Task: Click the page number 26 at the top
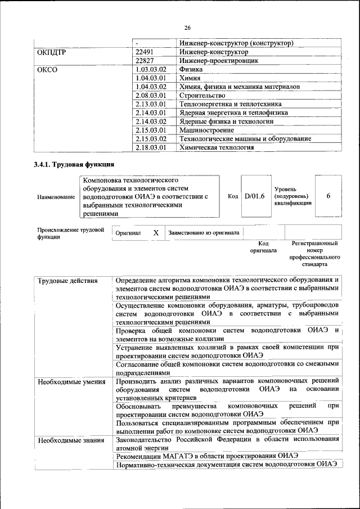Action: tap(187, 28)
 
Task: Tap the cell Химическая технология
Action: tap(216, 147)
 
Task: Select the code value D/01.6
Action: tap(255, 195)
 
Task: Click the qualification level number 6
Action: tap(328, 195)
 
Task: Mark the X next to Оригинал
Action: tap(156, 232)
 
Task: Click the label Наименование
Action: tap(56, 197)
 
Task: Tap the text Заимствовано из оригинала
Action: tap(204, 232)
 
